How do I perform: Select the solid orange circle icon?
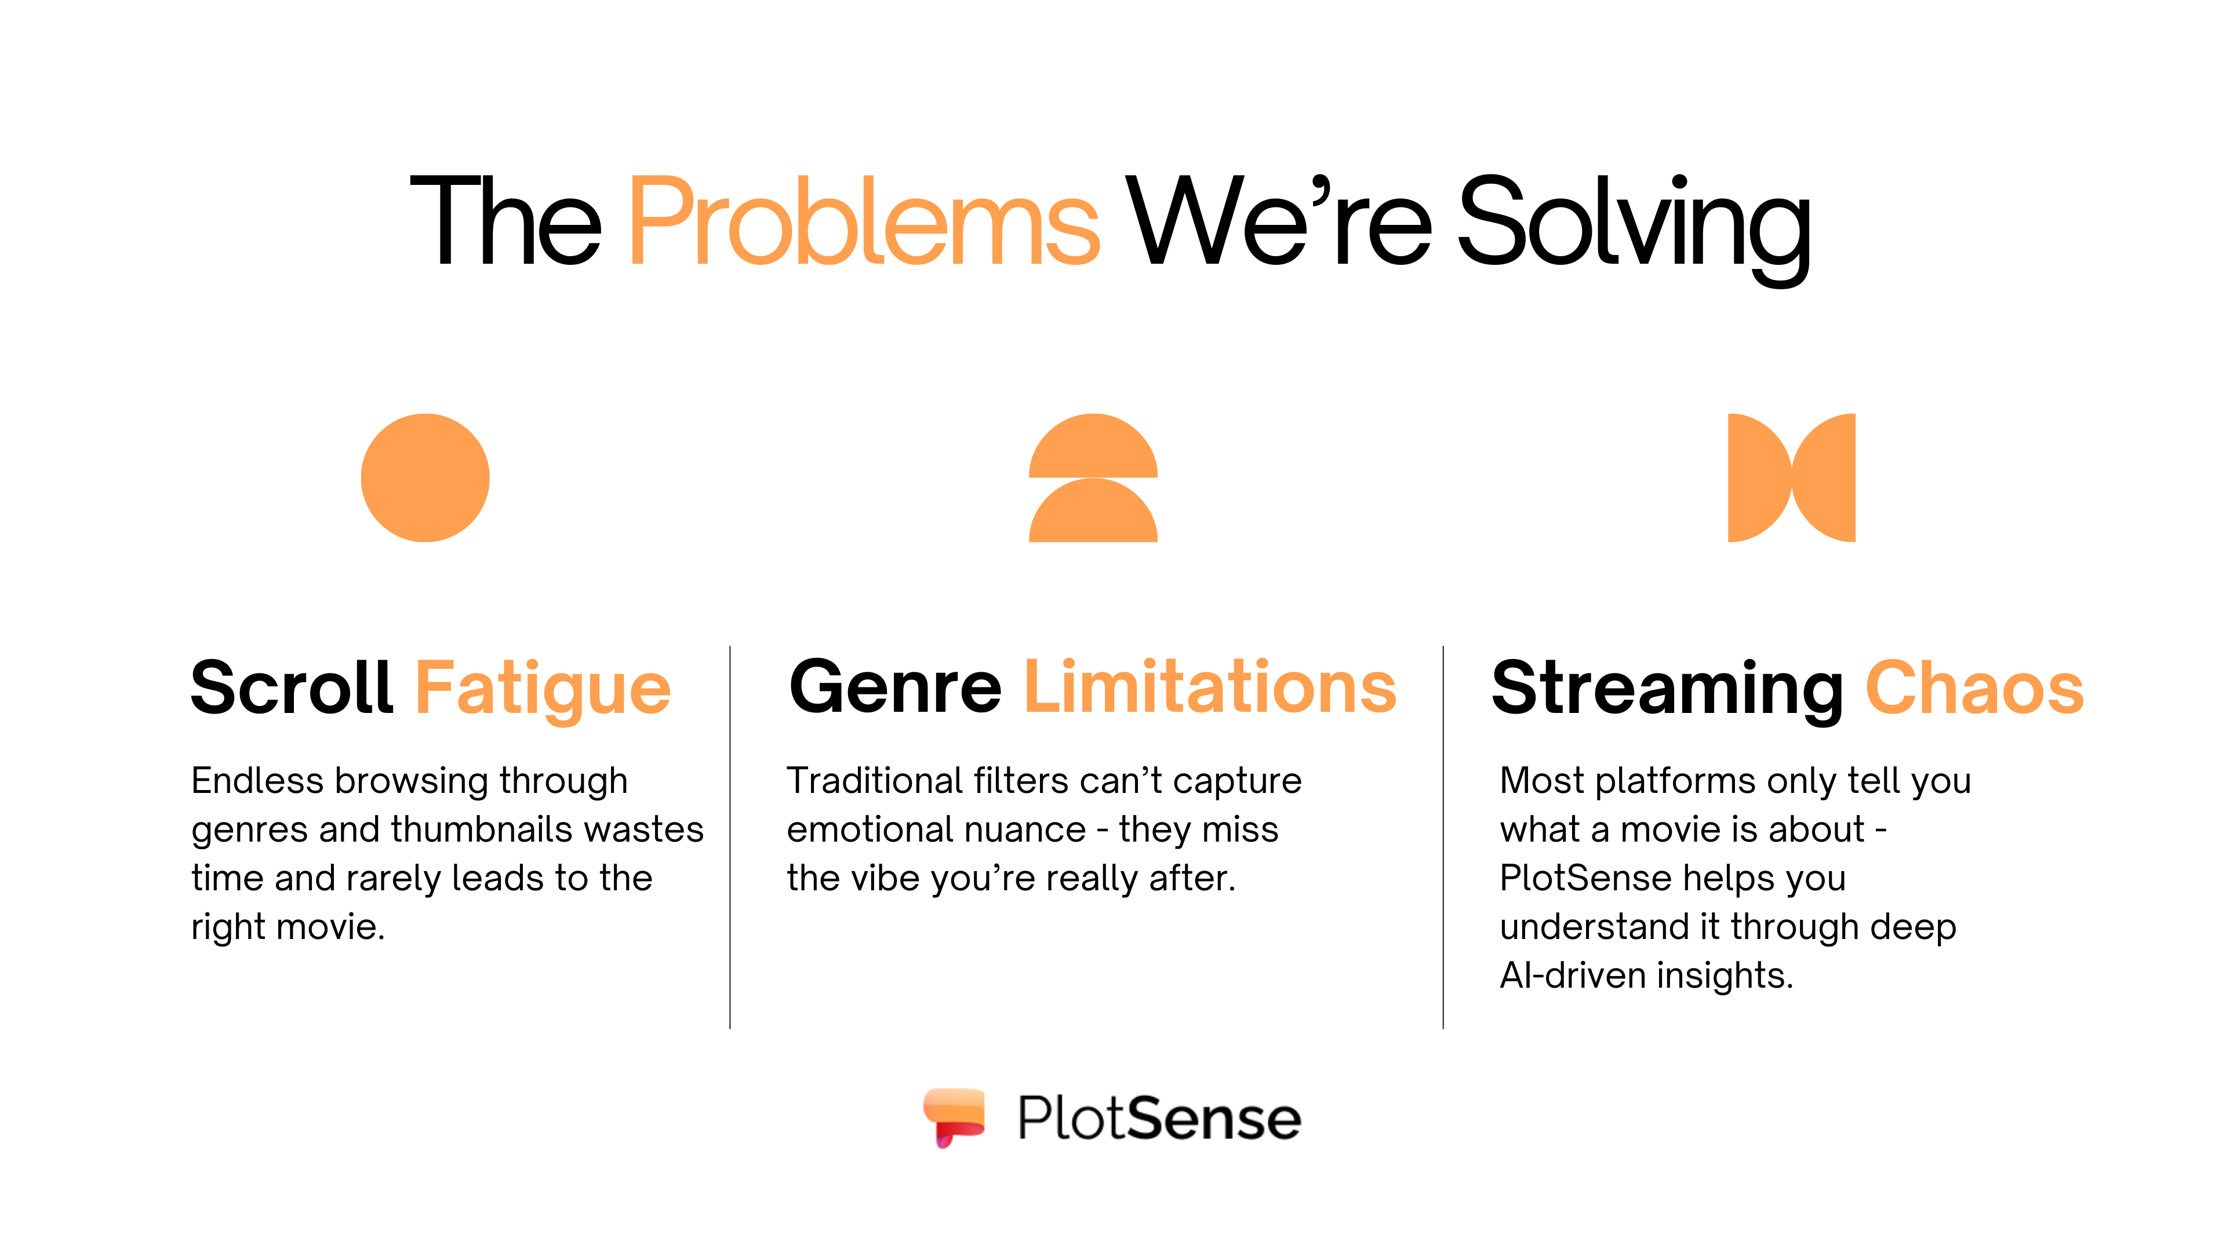(x=425, y=478)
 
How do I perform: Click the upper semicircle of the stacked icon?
(x=1093, y=446)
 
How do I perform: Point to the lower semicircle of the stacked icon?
(x=1093, y=511)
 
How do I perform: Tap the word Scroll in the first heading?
(x=292, y=688)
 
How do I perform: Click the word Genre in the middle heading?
(x=895, y=688)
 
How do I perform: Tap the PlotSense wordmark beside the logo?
(x=1159, y=1118)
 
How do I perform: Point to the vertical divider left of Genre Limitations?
(x=730, y=837)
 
